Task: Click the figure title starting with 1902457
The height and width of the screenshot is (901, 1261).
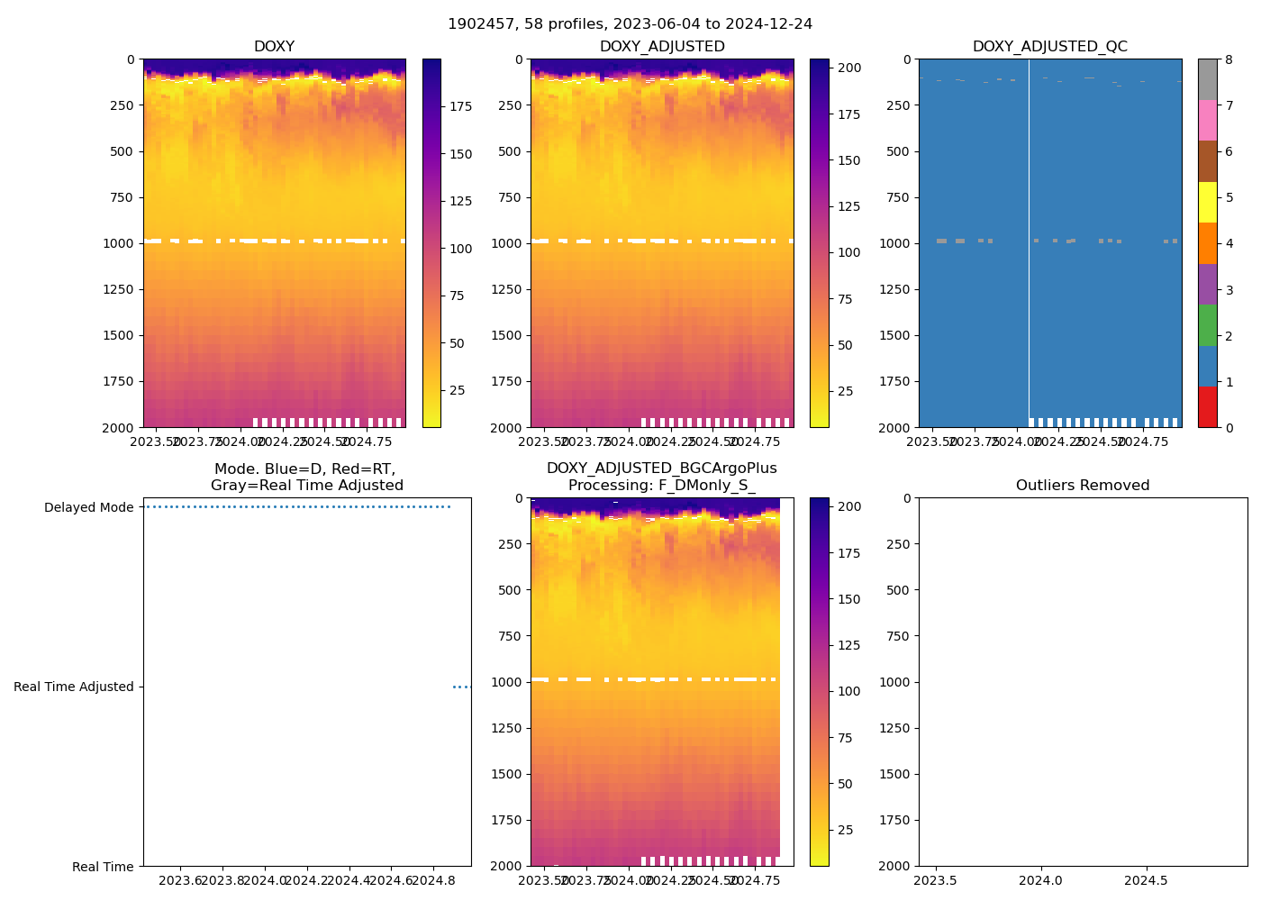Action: coord(630,24)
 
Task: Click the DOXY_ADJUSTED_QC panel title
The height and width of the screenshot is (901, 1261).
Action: coord(1049,47)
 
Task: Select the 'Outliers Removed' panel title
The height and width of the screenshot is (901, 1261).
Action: coord(1082,486)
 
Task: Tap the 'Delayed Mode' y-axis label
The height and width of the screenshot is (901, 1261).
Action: coord(88,507)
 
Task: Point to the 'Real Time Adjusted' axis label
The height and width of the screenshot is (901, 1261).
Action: coord(73,687)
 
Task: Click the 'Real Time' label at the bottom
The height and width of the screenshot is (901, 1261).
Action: coord(103,867)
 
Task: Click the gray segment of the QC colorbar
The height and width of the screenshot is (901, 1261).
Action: coord(1207,79)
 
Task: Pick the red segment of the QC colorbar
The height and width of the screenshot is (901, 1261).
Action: coord(1207,407)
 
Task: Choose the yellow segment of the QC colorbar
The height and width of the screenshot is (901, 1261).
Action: coord(1207,202)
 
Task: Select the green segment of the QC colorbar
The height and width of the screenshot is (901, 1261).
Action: coord(1207,325)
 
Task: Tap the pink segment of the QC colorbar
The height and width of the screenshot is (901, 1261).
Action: coord(1207,120)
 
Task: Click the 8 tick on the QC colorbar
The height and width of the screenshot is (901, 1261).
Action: coord(1229,59)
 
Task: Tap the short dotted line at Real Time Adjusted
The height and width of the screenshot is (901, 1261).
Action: coord(461,687)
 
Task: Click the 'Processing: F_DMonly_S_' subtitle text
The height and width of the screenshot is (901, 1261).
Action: coord(661,486)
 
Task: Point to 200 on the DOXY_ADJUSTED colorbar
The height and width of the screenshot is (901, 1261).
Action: coord(849,68)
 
